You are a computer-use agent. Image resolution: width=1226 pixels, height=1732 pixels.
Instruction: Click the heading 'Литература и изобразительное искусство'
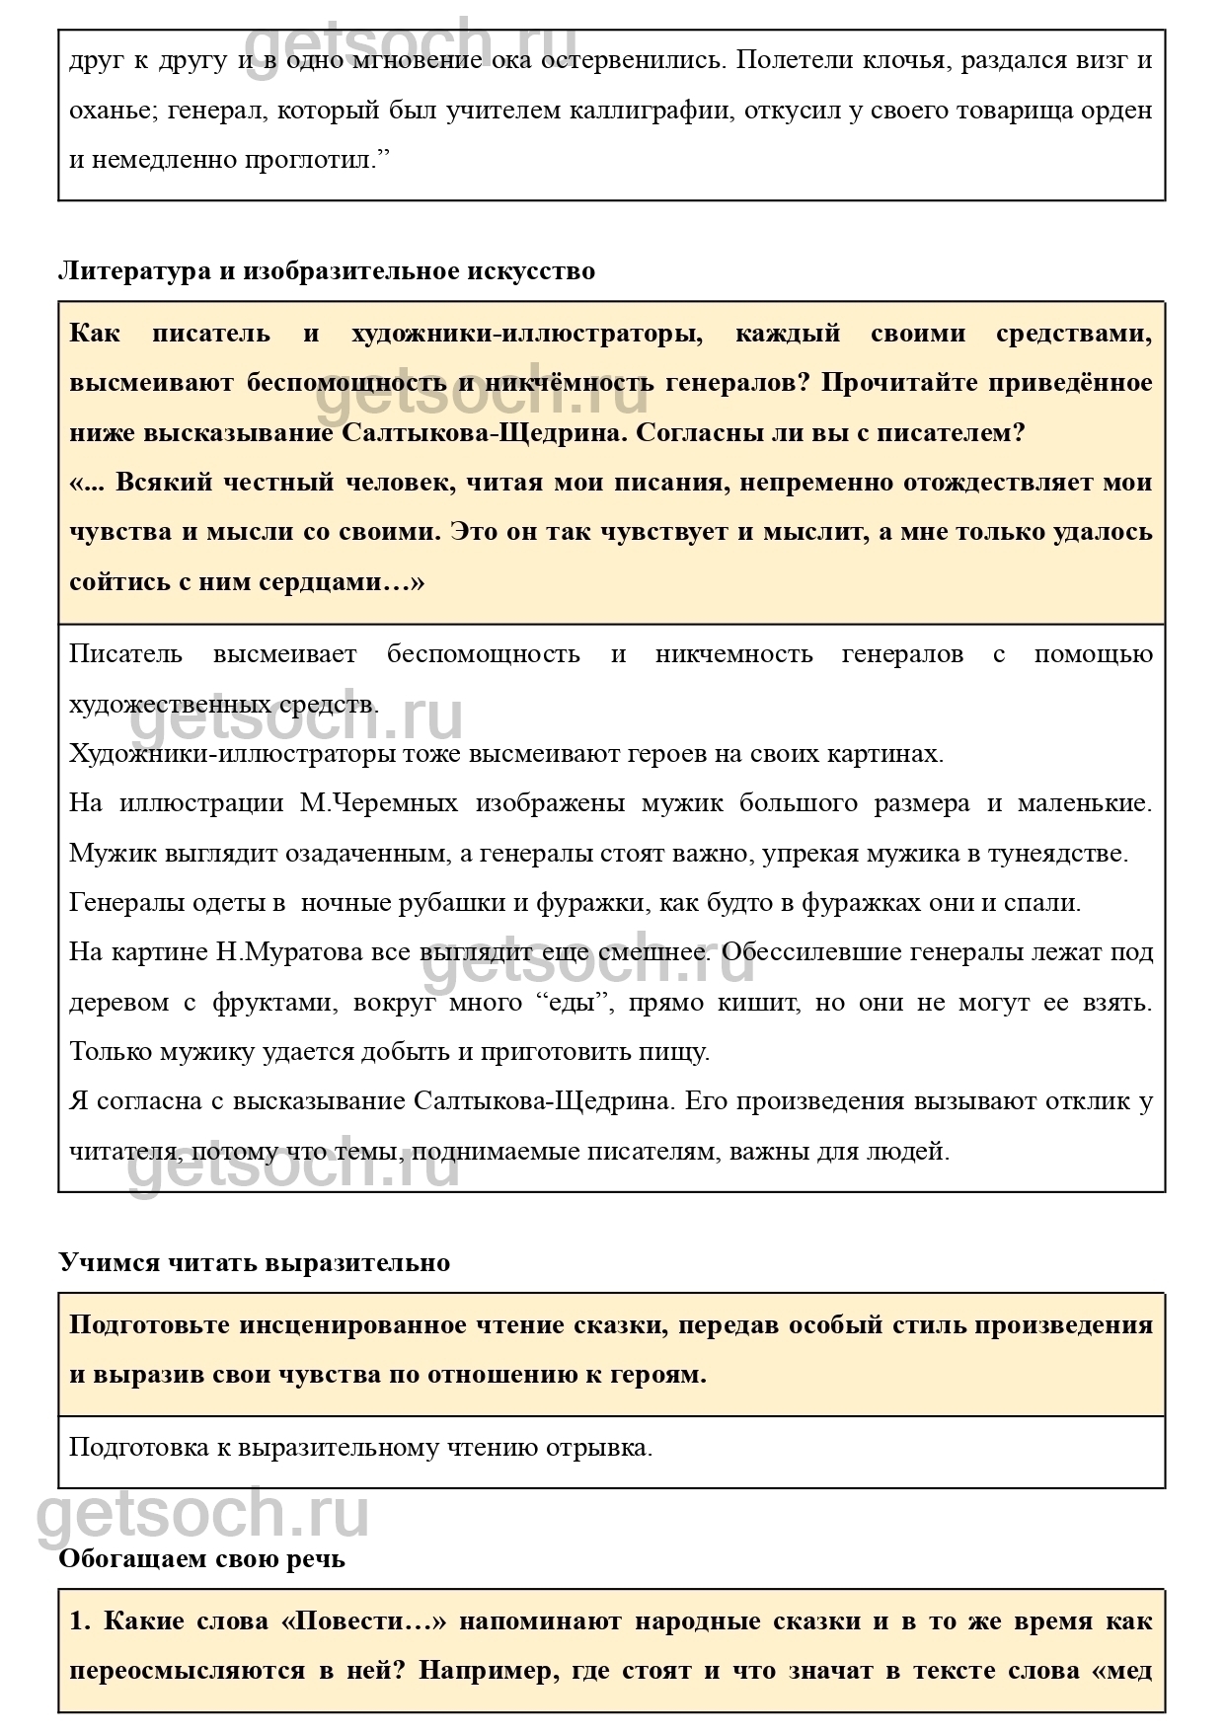[x=327, y=270]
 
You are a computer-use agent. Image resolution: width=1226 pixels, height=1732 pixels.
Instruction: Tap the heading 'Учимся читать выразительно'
[x=254, y=1262]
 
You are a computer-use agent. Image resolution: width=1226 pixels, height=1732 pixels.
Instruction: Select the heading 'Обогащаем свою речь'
[x=201, y=1558]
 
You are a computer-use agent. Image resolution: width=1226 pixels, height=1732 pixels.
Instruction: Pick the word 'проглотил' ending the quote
[x=319, y=160]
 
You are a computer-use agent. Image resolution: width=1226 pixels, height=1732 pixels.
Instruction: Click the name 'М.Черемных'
[x=379, y=803]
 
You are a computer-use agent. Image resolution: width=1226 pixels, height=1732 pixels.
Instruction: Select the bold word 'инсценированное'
[x=352, y=1324]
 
